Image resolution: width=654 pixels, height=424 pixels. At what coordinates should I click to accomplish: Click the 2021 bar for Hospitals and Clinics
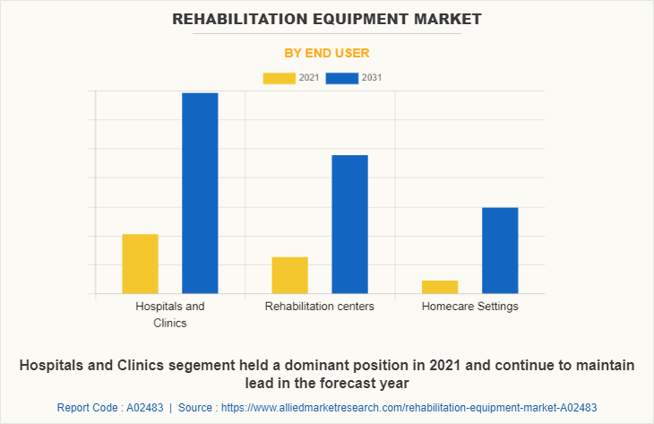tap(140, 264)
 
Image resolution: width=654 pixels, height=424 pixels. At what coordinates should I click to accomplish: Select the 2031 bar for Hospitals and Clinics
tap(200, 193)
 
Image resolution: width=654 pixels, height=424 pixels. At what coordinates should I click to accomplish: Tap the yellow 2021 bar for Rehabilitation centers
tap(289, 275)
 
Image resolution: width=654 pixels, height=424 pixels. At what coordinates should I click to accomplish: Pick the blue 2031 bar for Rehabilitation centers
tap(349, 224)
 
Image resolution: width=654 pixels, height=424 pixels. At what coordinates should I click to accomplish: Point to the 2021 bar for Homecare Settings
tap(440, 287)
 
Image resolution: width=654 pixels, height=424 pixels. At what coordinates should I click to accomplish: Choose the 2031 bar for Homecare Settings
tap(500, 250)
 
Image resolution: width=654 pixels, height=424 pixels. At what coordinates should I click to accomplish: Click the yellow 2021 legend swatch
tap(280, 78)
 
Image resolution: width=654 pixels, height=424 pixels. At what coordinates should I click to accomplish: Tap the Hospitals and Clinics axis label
tap(170, 314)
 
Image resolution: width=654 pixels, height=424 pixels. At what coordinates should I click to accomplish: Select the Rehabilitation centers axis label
tap(320, 307)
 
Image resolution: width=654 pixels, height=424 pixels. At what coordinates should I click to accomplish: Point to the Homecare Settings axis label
tap(469, 307)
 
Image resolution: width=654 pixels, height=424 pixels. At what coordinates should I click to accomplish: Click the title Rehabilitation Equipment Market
tap(326, 18)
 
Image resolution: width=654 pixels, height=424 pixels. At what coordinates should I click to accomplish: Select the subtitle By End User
tap(326, 53)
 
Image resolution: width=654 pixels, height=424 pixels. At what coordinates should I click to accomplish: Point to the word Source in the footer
tap(197, 407)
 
